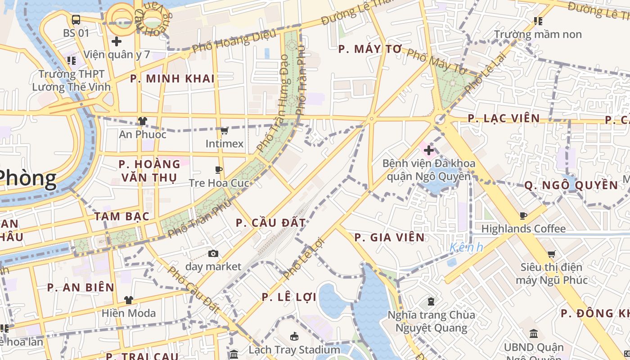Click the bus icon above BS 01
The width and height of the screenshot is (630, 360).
(76, 19)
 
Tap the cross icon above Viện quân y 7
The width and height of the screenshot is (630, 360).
(117, 41)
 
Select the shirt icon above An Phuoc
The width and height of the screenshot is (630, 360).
(143, 121)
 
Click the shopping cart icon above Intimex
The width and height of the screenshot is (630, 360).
(224, 131)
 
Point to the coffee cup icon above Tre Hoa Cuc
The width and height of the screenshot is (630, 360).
(219, 170)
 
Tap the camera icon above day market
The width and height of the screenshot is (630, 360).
(213, 254)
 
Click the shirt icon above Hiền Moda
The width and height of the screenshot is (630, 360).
(129, 300)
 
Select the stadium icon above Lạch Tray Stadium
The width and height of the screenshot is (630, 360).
(294, 336)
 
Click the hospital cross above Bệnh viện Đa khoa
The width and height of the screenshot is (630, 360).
(429, 150)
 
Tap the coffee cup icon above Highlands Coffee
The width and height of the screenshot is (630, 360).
(523, 216)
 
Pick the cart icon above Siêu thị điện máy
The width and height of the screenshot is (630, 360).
(551, 254)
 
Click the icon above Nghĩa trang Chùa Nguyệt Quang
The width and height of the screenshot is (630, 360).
(431, 301)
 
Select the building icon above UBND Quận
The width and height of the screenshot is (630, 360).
(534, 334)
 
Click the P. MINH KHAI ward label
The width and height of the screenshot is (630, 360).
(172, 79)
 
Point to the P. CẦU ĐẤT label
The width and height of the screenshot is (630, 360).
(270, 223)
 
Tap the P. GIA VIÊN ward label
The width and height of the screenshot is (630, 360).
(389, 238)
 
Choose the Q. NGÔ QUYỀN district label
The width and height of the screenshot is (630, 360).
(571, 185)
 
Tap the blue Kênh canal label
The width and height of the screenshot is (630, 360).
(466, 247)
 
